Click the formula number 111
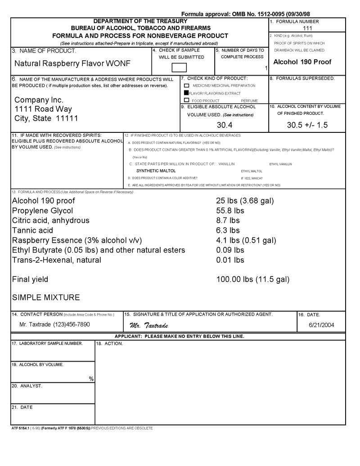(x=307, y=28)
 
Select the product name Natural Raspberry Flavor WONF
(x=72, y=64)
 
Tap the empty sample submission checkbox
(x=179, y=68)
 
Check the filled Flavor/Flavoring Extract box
(x=186, y=93)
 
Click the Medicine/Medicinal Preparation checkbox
(x=186, y=86)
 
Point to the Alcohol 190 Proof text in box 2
(x=302, y=62)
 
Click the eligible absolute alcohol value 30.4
(x=225, y=125)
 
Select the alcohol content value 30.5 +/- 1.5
(x=307, y=125)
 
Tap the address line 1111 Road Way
(x=43, y=109)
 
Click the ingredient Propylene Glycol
(x=42, y=211)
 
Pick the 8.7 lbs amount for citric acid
(x=228, y=221)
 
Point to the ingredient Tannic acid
(x=32, y=231)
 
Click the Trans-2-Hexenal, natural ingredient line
(x=56, y=260)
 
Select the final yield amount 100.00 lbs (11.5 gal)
(x=253, y=279)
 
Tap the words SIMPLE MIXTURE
(x=46, y=298)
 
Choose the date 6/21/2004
(x=321, y=325)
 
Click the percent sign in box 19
(x=92, y=379)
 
